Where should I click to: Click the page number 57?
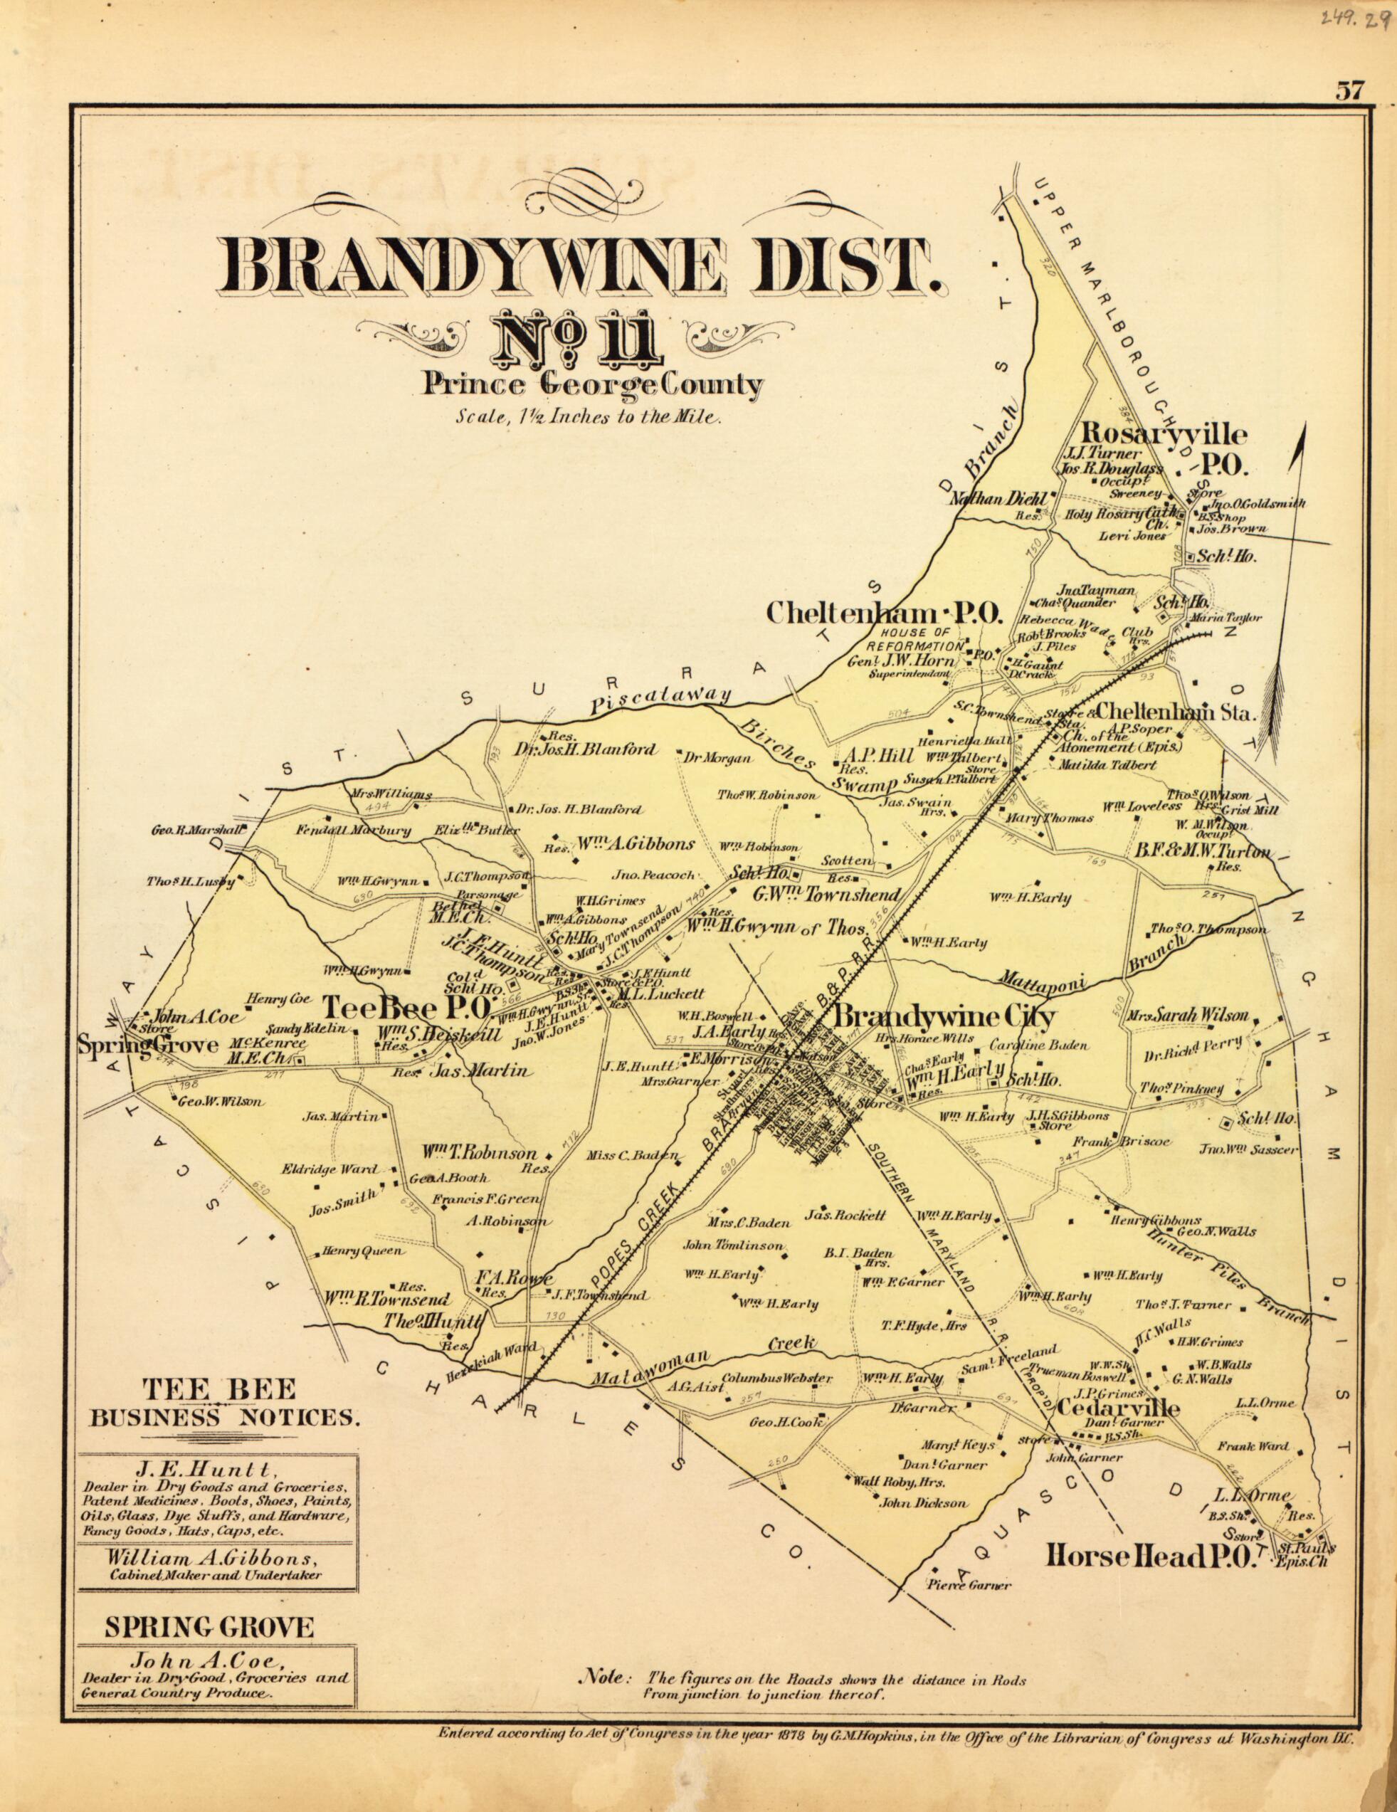(1349, 91)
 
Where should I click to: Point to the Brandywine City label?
(944, 1017)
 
